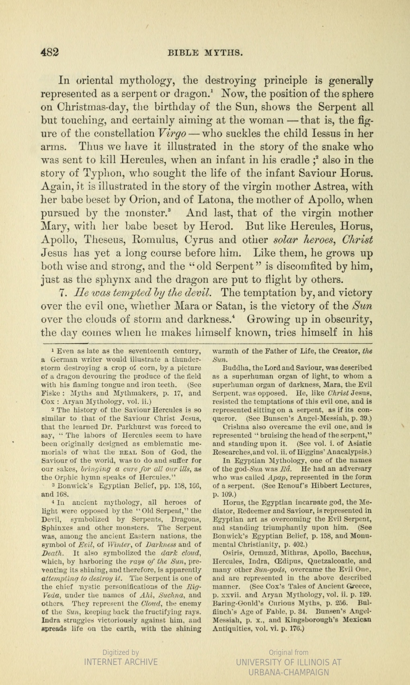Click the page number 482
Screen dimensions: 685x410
50,52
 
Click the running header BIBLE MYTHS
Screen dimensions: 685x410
205,53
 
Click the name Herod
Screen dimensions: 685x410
214,227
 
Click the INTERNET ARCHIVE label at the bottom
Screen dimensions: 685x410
121,662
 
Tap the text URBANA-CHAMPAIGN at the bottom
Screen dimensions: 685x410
289,673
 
